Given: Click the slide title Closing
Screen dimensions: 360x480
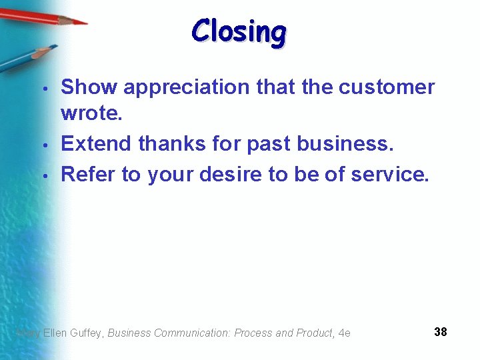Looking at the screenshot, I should (x=239, y=31).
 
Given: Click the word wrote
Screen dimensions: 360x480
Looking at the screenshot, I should (x=91, y=113).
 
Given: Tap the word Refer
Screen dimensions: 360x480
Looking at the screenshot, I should (x=89, y=174).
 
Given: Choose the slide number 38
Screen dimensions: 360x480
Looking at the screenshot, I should (x=440, y=331).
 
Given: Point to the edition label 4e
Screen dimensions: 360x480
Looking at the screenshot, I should (x=344, y=333).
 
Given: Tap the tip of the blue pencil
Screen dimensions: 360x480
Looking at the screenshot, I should (x=55, y=47).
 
